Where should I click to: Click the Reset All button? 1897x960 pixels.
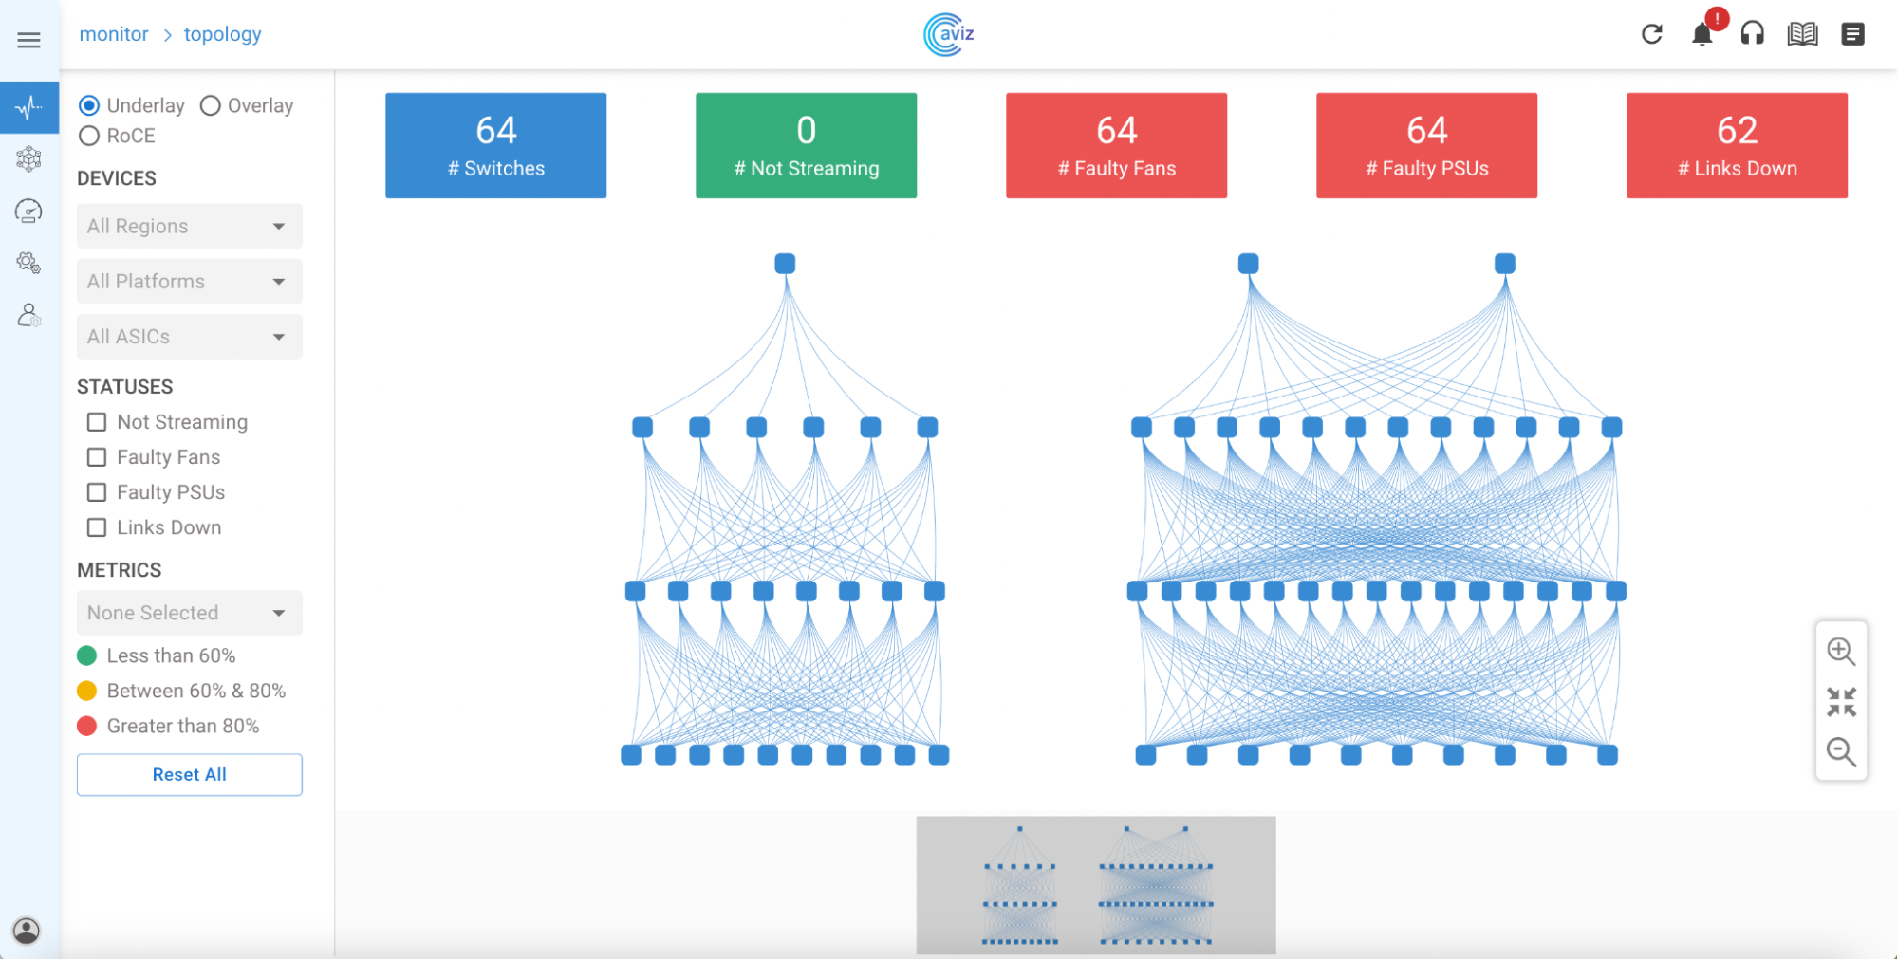(x=189, y=774)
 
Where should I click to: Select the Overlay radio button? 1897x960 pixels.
(x=211, y=105)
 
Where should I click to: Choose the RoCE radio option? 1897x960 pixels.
(x=89, y=136)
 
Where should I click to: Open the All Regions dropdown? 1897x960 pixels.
(x=189, y=226)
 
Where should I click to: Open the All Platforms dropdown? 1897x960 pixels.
(x=189, y=281)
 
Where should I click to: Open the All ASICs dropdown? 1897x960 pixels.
(x=189, y=336)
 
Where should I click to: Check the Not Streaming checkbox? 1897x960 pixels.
(x=97, y=422)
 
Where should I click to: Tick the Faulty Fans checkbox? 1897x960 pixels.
(x=97, y=457)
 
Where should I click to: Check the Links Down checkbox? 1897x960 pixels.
(x=97, y=527)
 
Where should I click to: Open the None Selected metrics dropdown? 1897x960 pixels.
(x=189, y=613)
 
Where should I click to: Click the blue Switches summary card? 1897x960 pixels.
(x=495, y=145)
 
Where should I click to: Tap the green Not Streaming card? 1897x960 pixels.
(x=806, y=145)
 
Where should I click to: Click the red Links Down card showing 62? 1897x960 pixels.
(x=1737, y=145)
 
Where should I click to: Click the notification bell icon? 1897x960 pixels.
(x=1702, y=35)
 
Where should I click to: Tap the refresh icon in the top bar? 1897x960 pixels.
(x=1652, y=34)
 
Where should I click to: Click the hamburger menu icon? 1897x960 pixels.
(x=29, y=40)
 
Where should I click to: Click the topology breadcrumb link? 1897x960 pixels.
(x=222, y=34)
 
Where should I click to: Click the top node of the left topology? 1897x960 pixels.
(x=785, y=264)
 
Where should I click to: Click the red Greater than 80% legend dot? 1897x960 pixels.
(x=86, y=726)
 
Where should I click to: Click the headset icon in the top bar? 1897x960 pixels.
(x=1753, y=34)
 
